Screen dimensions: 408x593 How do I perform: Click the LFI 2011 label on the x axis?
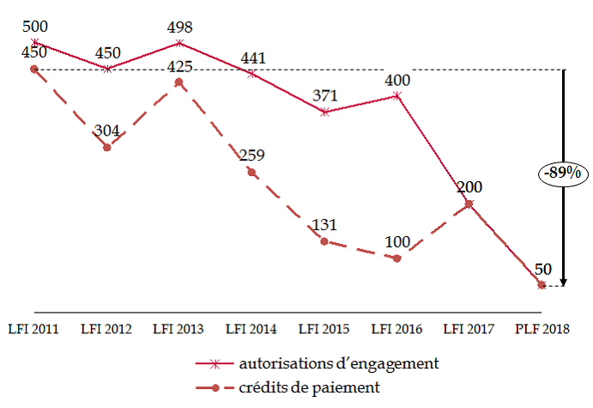[33, 328]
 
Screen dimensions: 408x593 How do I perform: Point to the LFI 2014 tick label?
[251, 328]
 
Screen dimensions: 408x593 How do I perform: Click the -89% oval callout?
[564, 174]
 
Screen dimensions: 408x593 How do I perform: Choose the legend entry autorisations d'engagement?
[340, 362]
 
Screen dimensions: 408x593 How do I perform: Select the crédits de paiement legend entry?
[310, 387]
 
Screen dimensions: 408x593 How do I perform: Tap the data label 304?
[106, 131]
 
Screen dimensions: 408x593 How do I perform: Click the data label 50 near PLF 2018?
[542, 270]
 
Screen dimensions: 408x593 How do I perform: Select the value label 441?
[253, 58]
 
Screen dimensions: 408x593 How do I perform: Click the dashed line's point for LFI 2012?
[106, 148]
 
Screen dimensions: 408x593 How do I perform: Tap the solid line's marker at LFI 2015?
[324, 112]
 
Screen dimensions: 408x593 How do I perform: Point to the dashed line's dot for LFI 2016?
[396, 258]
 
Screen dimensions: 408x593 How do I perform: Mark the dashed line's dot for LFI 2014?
[251, 173]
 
